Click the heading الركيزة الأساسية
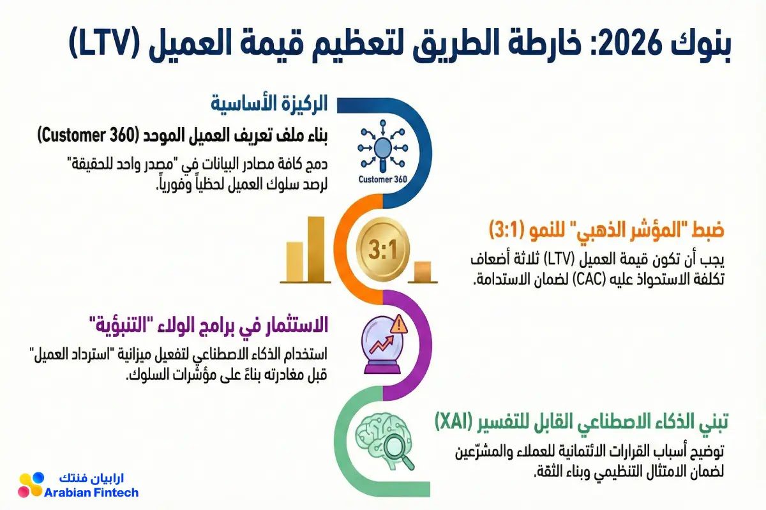[269, 103]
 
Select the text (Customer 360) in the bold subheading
[88, 136]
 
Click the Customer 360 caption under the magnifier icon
[382, 179]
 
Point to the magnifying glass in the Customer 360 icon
[382, 152]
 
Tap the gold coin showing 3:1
[382, 249]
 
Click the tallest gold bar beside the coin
[316, 249]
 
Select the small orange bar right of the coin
[423, 271]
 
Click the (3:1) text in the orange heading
[507, 230]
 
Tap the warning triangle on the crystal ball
[399, 324]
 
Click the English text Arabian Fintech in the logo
[91, 493]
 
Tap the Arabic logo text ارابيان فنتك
[91, 478]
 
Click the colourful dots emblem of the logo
[31, 484]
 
